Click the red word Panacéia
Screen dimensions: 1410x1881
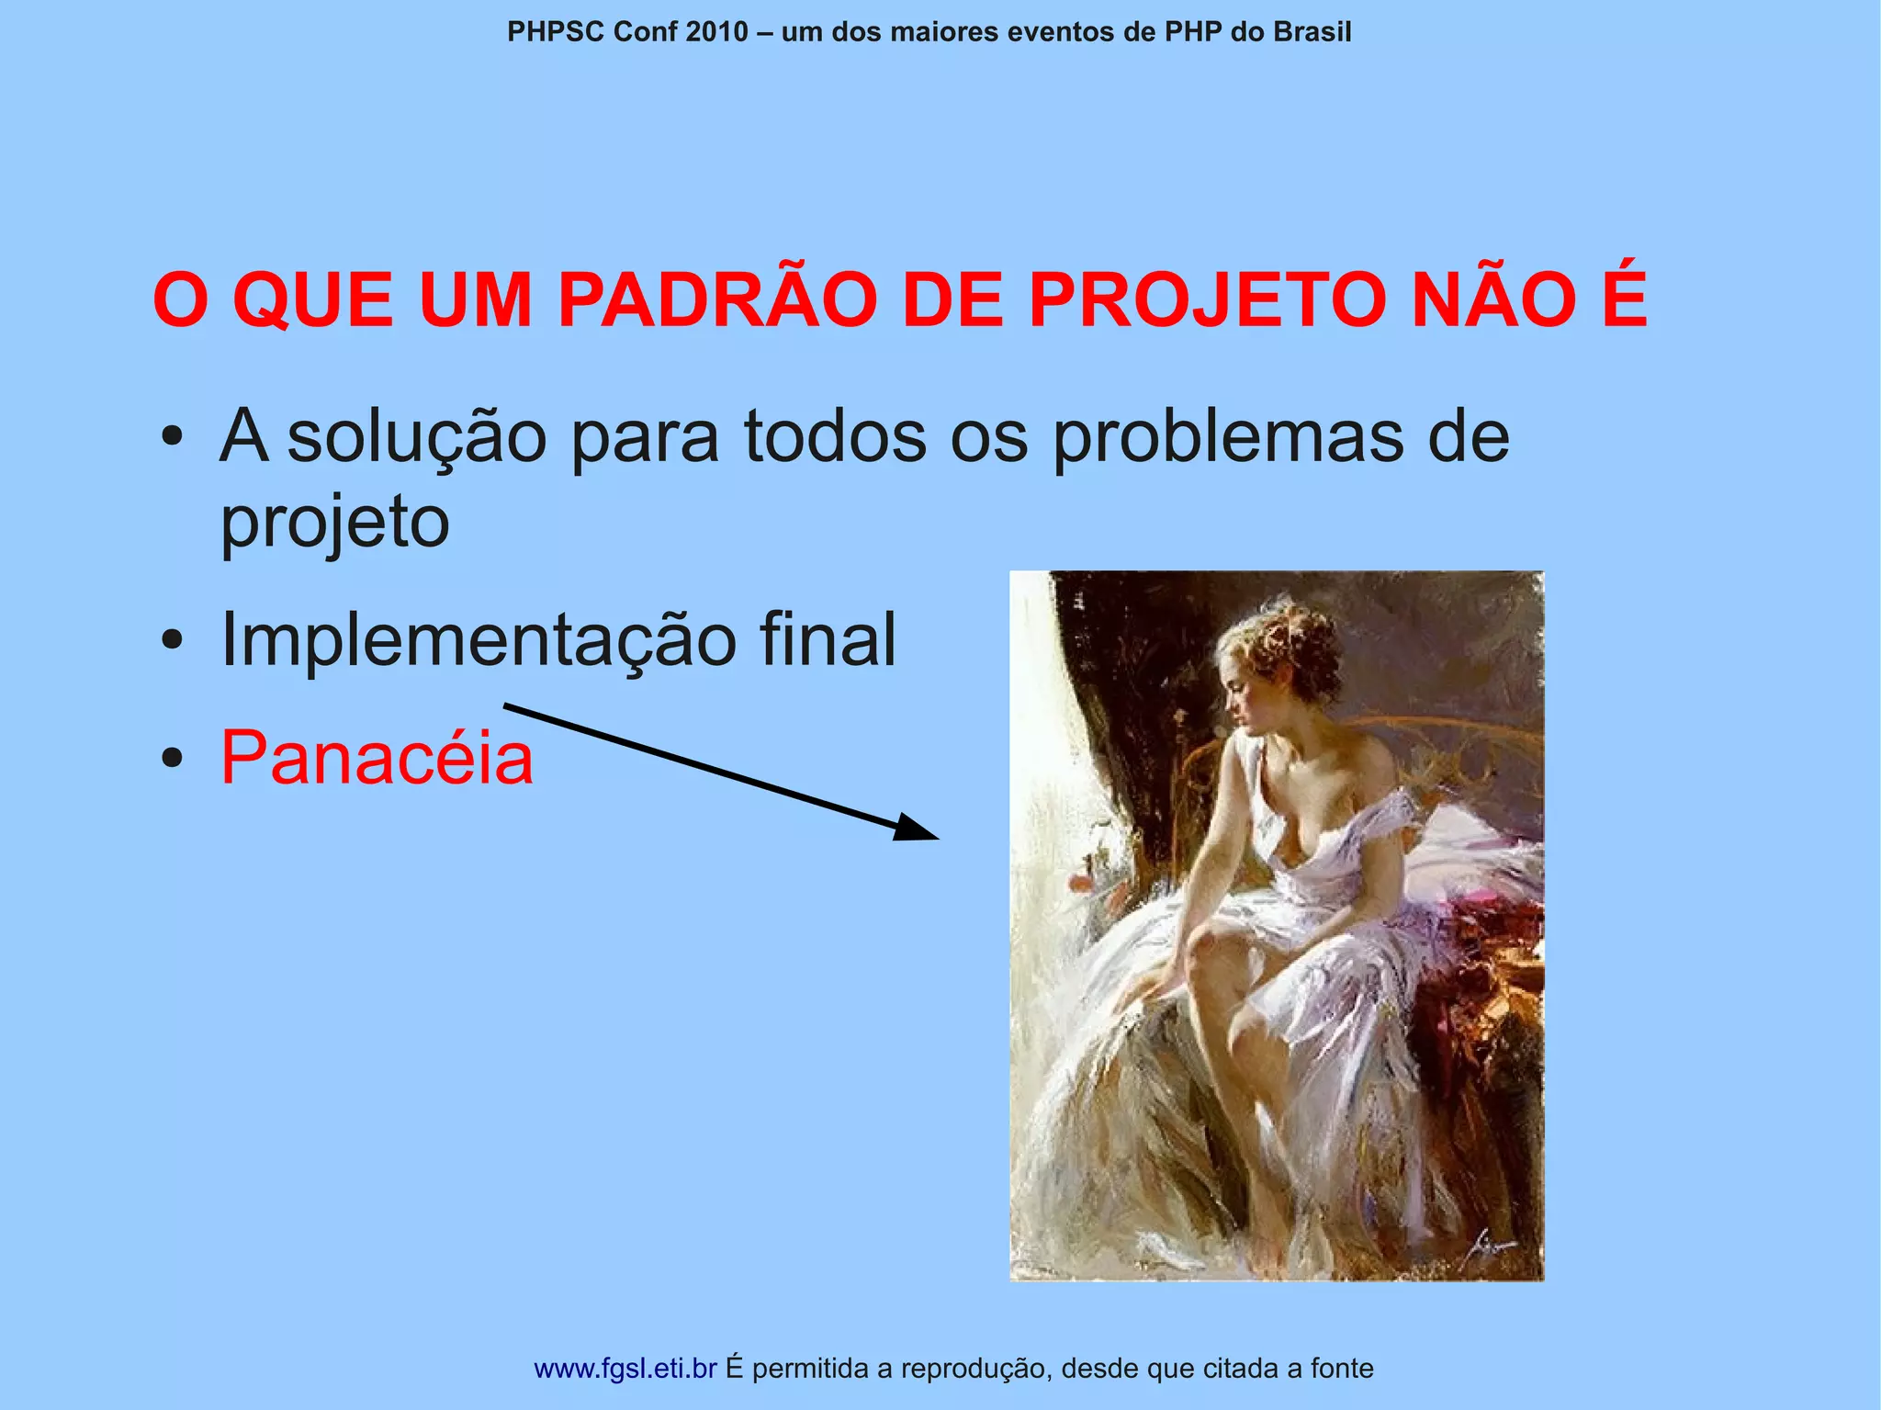[x=377, y=759]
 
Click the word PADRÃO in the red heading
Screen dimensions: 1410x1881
[x=716, y=300]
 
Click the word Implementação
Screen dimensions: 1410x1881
[x=478, y=640]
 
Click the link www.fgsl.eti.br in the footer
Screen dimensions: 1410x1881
[x=625, y=1369]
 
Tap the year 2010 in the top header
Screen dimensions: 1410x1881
[x=716, y=32]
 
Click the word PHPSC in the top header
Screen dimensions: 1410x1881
[x=556, y=32]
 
